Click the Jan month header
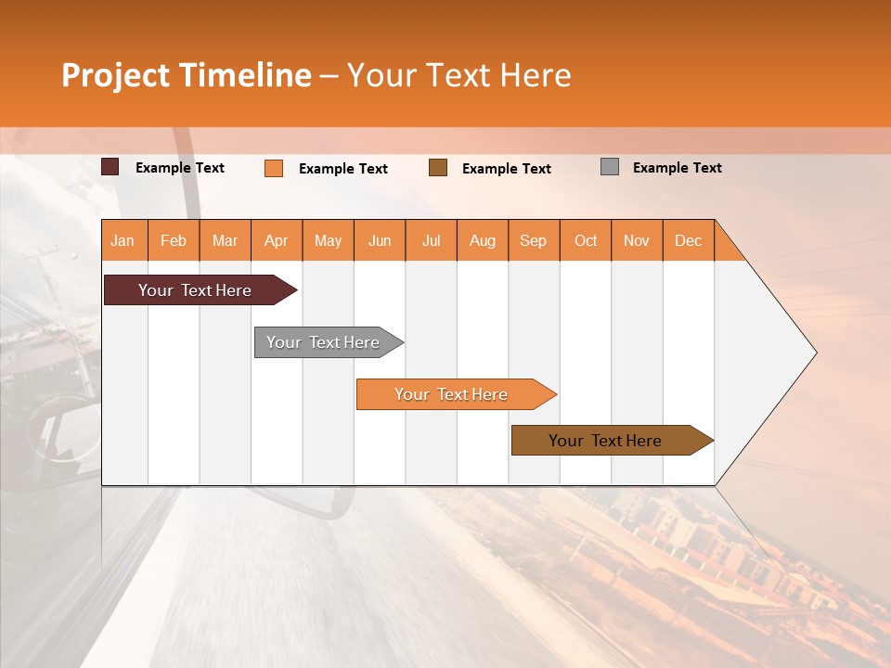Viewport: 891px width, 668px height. tap(123, 240)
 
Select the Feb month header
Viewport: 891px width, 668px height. tap(174, 240)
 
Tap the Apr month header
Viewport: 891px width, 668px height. tap(276, 240)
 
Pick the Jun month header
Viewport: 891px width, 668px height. tap(380, 240)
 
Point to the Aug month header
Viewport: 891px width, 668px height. tap(482, 240)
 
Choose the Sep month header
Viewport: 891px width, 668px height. tap(533, 240)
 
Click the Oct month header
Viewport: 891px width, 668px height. tap(586, 240)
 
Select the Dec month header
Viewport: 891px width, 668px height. tap(688, 240)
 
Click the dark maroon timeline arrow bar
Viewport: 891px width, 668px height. tap(196, 290)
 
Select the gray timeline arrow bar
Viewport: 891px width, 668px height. tap(324, 342)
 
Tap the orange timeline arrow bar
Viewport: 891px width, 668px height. tap(452, 394)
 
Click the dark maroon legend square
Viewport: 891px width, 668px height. tap(110, 167)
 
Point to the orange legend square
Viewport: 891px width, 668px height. tap(274, 168)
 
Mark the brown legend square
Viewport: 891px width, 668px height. tap(438, 168)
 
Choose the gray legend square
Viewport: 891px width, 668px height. tap(610, 167)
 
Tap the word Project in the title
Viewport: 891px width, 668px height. tap(115, 75)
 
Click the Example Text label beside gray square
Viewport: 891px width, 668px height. tap(677, 168)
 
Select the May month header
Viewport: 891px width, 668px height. tap(328, 240)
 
